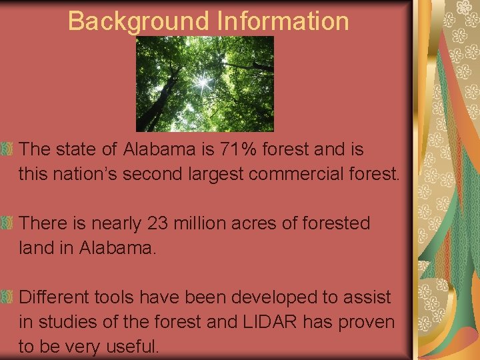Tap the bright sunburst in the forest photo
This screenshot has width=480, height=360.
coord(202,83)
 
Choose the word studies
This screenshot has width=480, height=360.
coord(66,322)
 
